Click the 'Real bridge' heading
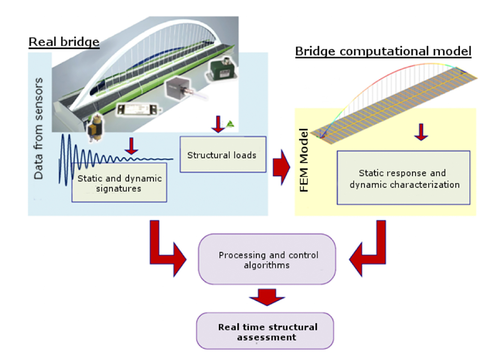64,42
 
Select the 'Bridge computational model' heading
383,51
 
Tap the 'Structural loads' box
223,155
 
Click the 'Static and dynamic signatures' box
119,183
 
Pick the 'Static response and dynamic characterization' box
404,178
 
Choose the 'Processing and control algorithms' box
267,260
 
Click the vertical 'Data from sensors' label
38,129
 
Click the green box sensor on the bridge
223,70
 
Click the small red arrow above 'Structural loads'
218,124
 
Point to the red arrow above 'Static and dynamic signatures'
131,146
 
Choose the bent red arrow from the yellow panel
369,252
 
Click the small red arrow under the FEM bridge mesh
421,132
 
